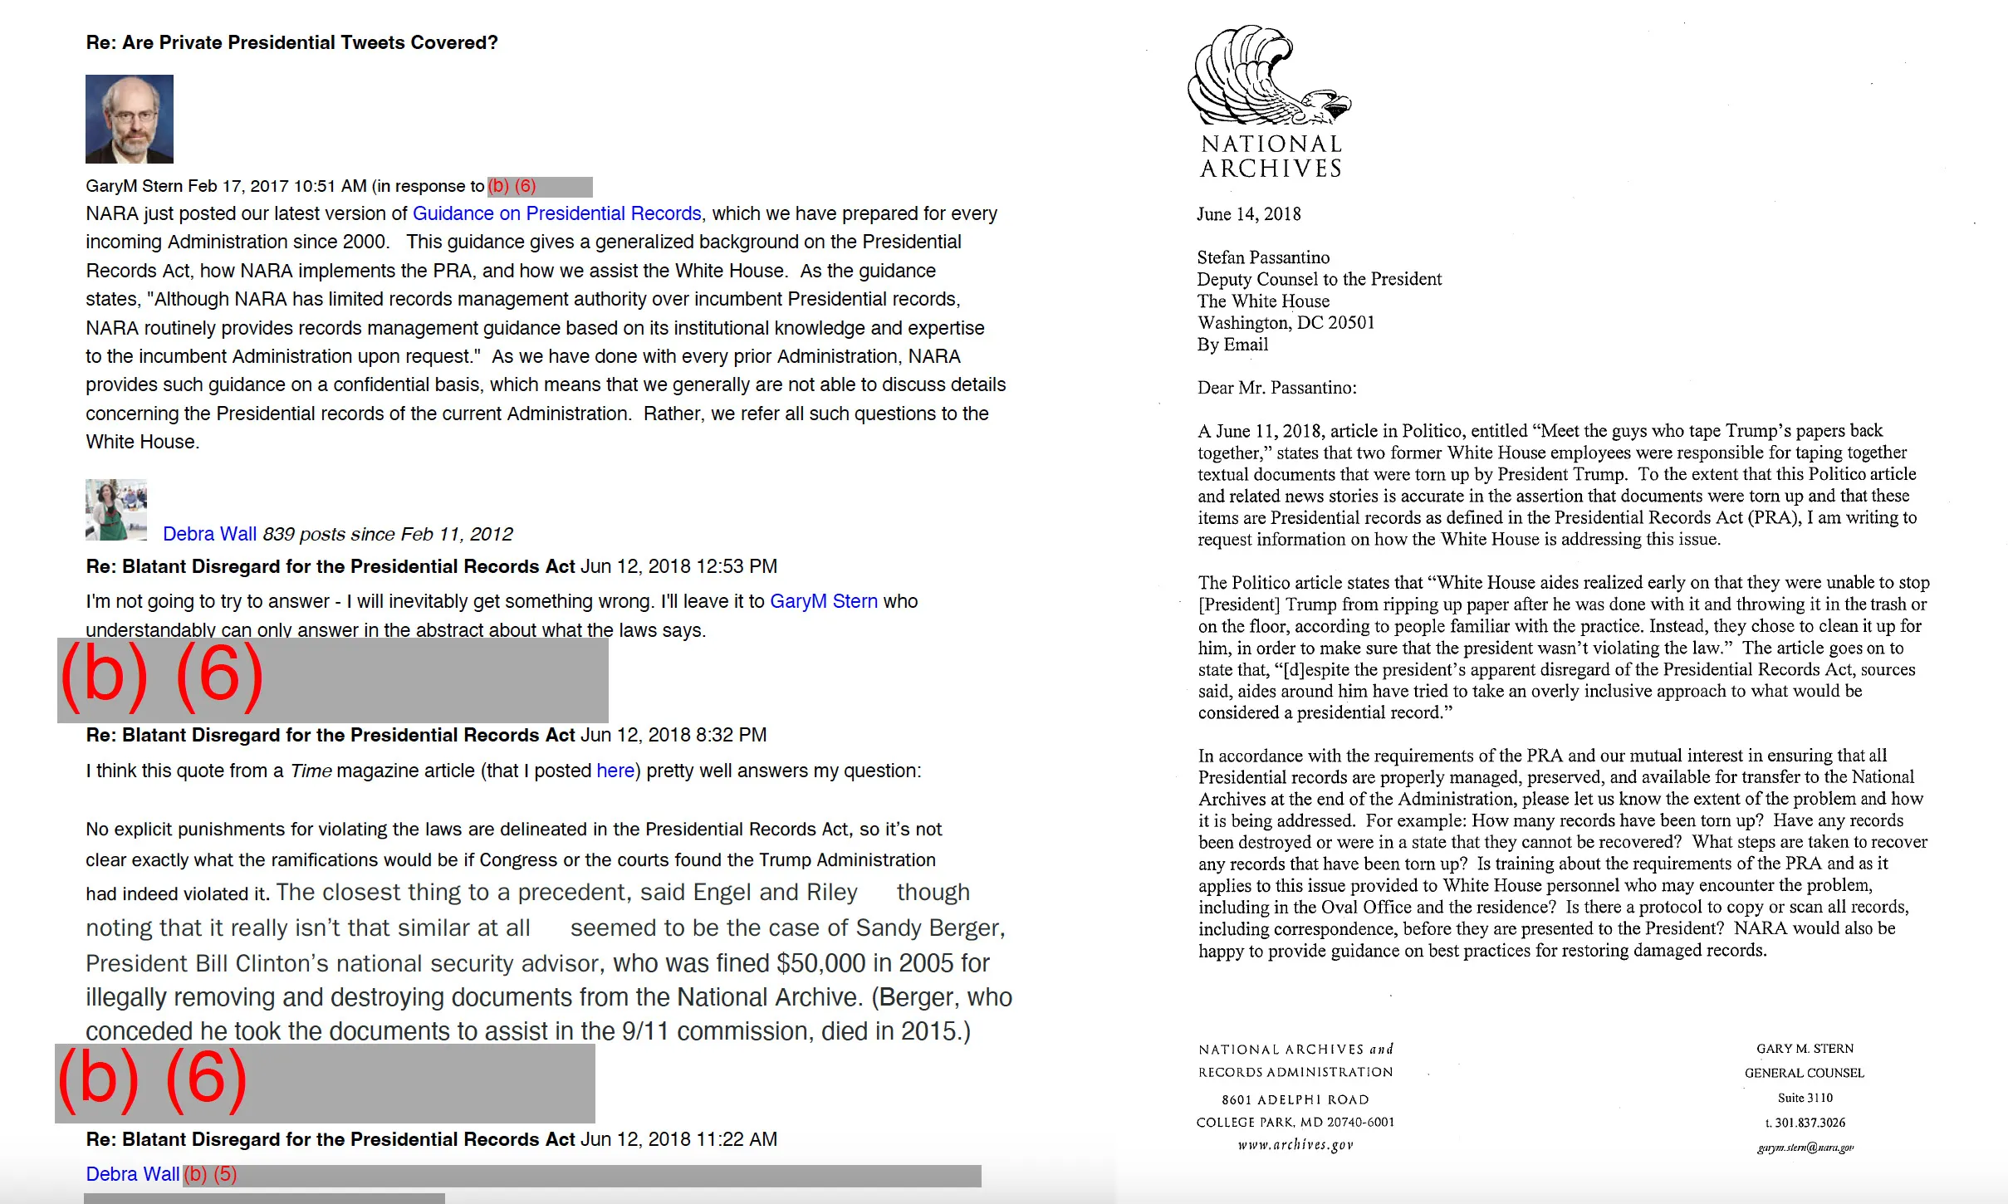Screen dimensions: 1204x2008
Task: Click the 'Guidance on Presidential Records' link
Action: (556, 213)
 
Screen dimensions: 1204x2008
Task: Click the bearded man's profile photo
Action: (130, 119)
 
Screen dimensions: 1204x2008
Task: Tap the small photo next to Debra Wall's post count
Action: (116, 510)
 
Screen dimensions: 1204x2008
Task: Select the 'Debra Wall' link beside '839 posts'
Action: (209, 534)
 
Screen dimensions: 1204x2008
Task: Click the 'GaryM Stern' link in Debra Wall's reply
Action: (823, 601)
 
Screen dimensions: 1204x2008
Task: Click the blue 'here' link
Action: (615, 771)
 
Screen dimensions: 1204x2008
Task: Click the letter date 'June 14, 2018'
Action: (1248, 214)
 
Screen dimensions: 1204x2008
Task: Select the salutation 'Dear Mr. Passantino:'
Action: (1276, 388)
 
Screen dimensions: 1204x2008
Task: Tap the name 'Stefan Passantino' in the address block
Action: (1262, 257)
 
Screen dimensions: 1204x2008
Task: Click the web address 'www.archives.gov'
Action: (1295, 1145)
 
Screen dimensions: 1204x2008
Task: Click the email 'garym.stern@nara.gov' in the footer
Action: (1805, 1148)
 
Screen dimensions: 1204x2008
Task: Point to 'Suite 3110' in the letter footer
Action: (1805, 1098)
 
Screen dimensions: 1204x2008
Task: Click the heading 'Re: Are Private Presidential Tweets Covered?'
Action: (291, 42)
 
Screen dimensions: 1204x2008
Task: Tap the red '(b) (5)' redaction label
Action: (210, 1174)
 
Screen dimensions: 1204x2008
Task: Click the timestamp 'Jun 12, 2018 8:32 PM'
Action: (673, 735)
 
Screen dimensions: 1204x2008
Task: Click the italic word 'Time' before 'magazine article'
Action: (311, 771)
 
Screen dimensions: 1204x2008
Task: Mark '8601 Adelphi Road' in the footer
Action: (1295, 1099)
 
